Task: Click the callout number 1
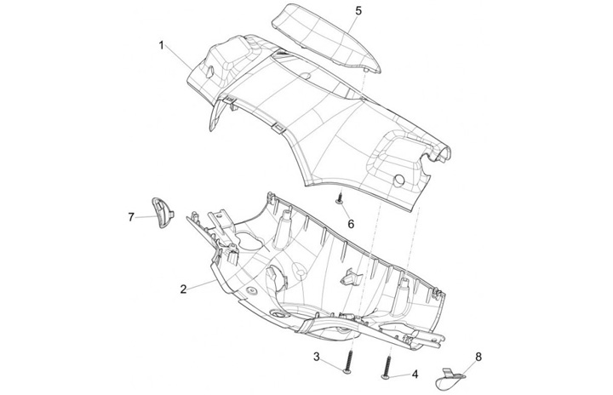click(x=161, y=44)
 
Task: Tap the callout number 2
click(x=183, y=289)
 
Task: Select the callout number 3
click(x=316, y=356)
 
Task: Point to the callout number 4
click(x=415, y=373)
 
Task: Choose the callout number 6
click(x=349, y=224)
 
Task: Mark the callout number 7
click(x=131, y=217)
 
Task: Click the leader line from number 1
click(x=180, y=56)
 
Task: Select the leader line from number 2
click(x=201, y=284)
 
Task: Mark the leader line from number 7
click(x=145, y=216)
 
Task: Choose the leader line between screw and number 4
click(x=400, y=372)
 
